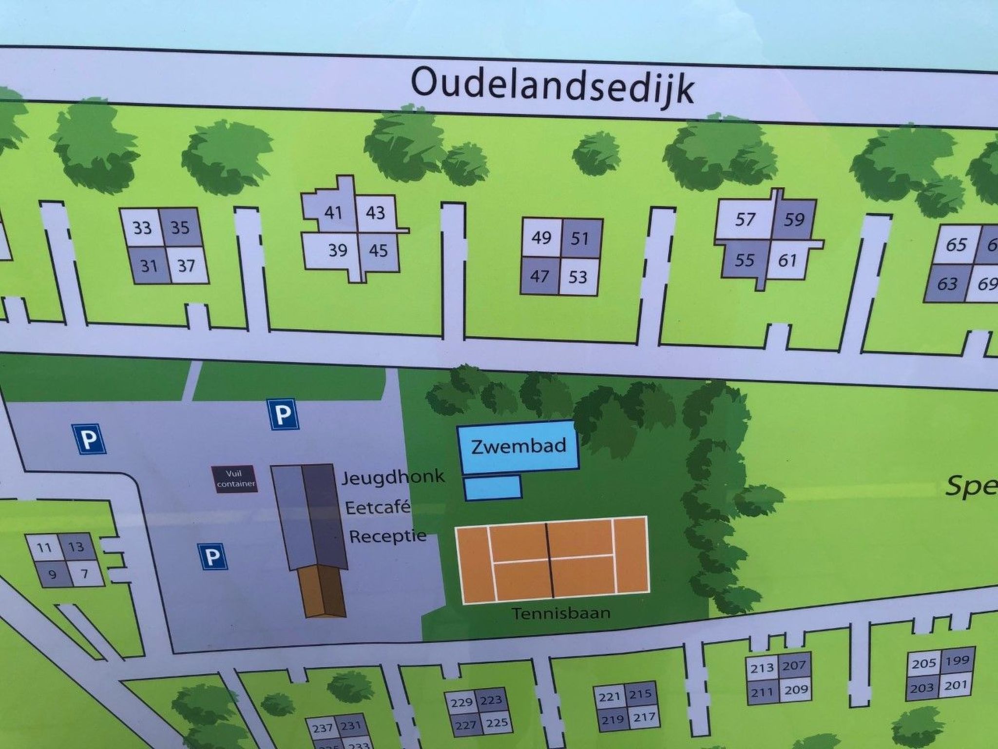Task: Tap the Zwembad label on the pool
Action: (518, 446)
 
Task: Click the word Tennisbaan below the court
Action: (561, 613)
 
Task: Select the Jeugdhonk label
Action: (393, 476)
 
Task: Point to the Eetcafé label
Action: (378, 508)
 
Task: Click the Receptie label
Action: (387, 537)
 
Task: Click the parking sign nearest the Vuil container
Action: (284, 415)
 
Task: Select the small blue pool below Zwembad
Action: (493, 488)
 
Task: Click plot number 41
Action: (333, 213)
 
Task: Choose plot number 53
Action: (578, 277)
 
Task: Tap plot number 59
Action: (794, 219)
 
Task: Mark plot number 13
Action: (76, 547)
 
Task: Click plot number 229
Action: (461, 702)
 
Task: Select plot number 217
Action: (644, 717)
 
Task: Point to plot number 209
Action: (796, 690)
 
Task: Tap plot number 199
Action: (957, 660)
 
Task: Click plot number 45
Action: (378, 251)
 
